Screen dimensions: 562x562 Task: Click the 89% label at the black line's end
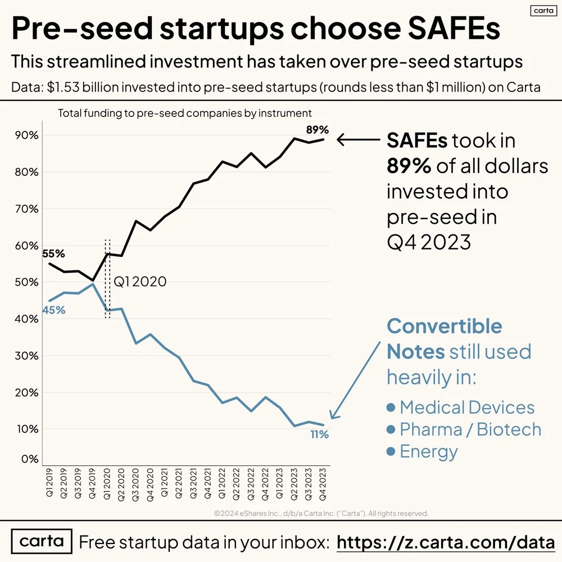[317, 130]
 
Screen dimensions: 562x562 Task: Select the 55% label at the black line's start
[54, 253]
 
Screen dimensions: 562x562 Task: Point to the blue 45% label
[54, 310]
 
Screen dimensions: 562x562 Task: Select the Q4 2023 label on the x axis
[323, 483]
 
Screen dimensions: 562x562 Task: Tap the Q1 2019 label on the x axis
[49, 483]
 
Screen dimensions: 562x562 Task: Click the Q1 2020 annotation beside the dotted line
[140, 282]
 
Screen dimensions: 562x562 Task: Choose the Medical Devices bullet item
[461, 407]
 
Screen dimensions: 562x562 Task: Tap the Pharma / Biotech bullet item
[464, 429]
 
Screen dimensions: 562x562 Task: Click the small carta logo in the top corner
[542, 11]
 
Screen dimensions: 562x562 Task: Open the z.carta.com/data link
[445, 542]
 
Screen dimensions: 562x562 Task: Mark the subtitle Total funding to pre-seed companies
[184, 114]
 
